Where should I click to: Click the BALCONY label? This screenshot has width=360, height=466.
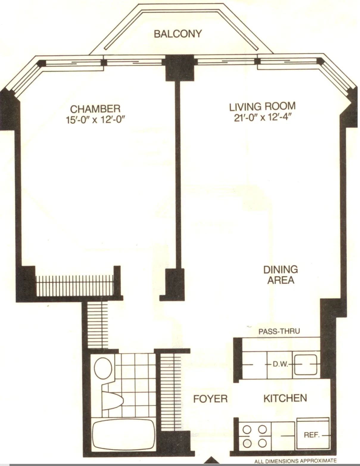tap(178, 34)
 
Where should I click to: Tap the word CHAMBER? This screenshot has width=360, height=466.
tap(95, 109)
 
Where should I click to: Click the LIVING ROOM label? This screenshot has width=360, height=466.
tap(262, 106)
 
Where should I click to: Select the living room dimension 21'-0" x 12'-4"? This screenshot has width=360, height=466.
tap(262, 117)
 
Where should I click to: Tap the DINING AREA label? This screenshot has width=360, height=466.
tap(280, 275)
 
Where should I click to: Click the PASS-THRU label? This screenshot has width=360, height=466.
tap(279, 331)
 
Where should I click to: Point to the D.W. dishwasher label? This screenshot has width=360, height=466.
tap(280, 364)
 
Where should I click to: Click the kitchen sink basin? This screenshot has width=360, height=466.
tap(306, 364)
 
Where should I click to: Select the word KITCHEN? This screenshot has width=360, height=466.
tap(285, 398)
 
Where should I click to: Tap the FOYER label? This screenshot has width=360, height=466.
tap(210, 399)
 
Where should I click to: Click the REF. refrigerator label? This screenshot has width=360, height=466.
tap(311, 435)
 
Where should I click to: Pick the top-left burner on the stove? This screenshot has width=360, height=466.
tap(247, 430)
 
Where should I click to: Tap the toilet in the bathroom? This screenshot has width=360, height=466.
tap(103, 368)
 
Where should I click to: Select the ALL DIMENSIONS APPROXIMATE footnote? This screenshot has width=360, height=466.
tap(295, 461)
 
